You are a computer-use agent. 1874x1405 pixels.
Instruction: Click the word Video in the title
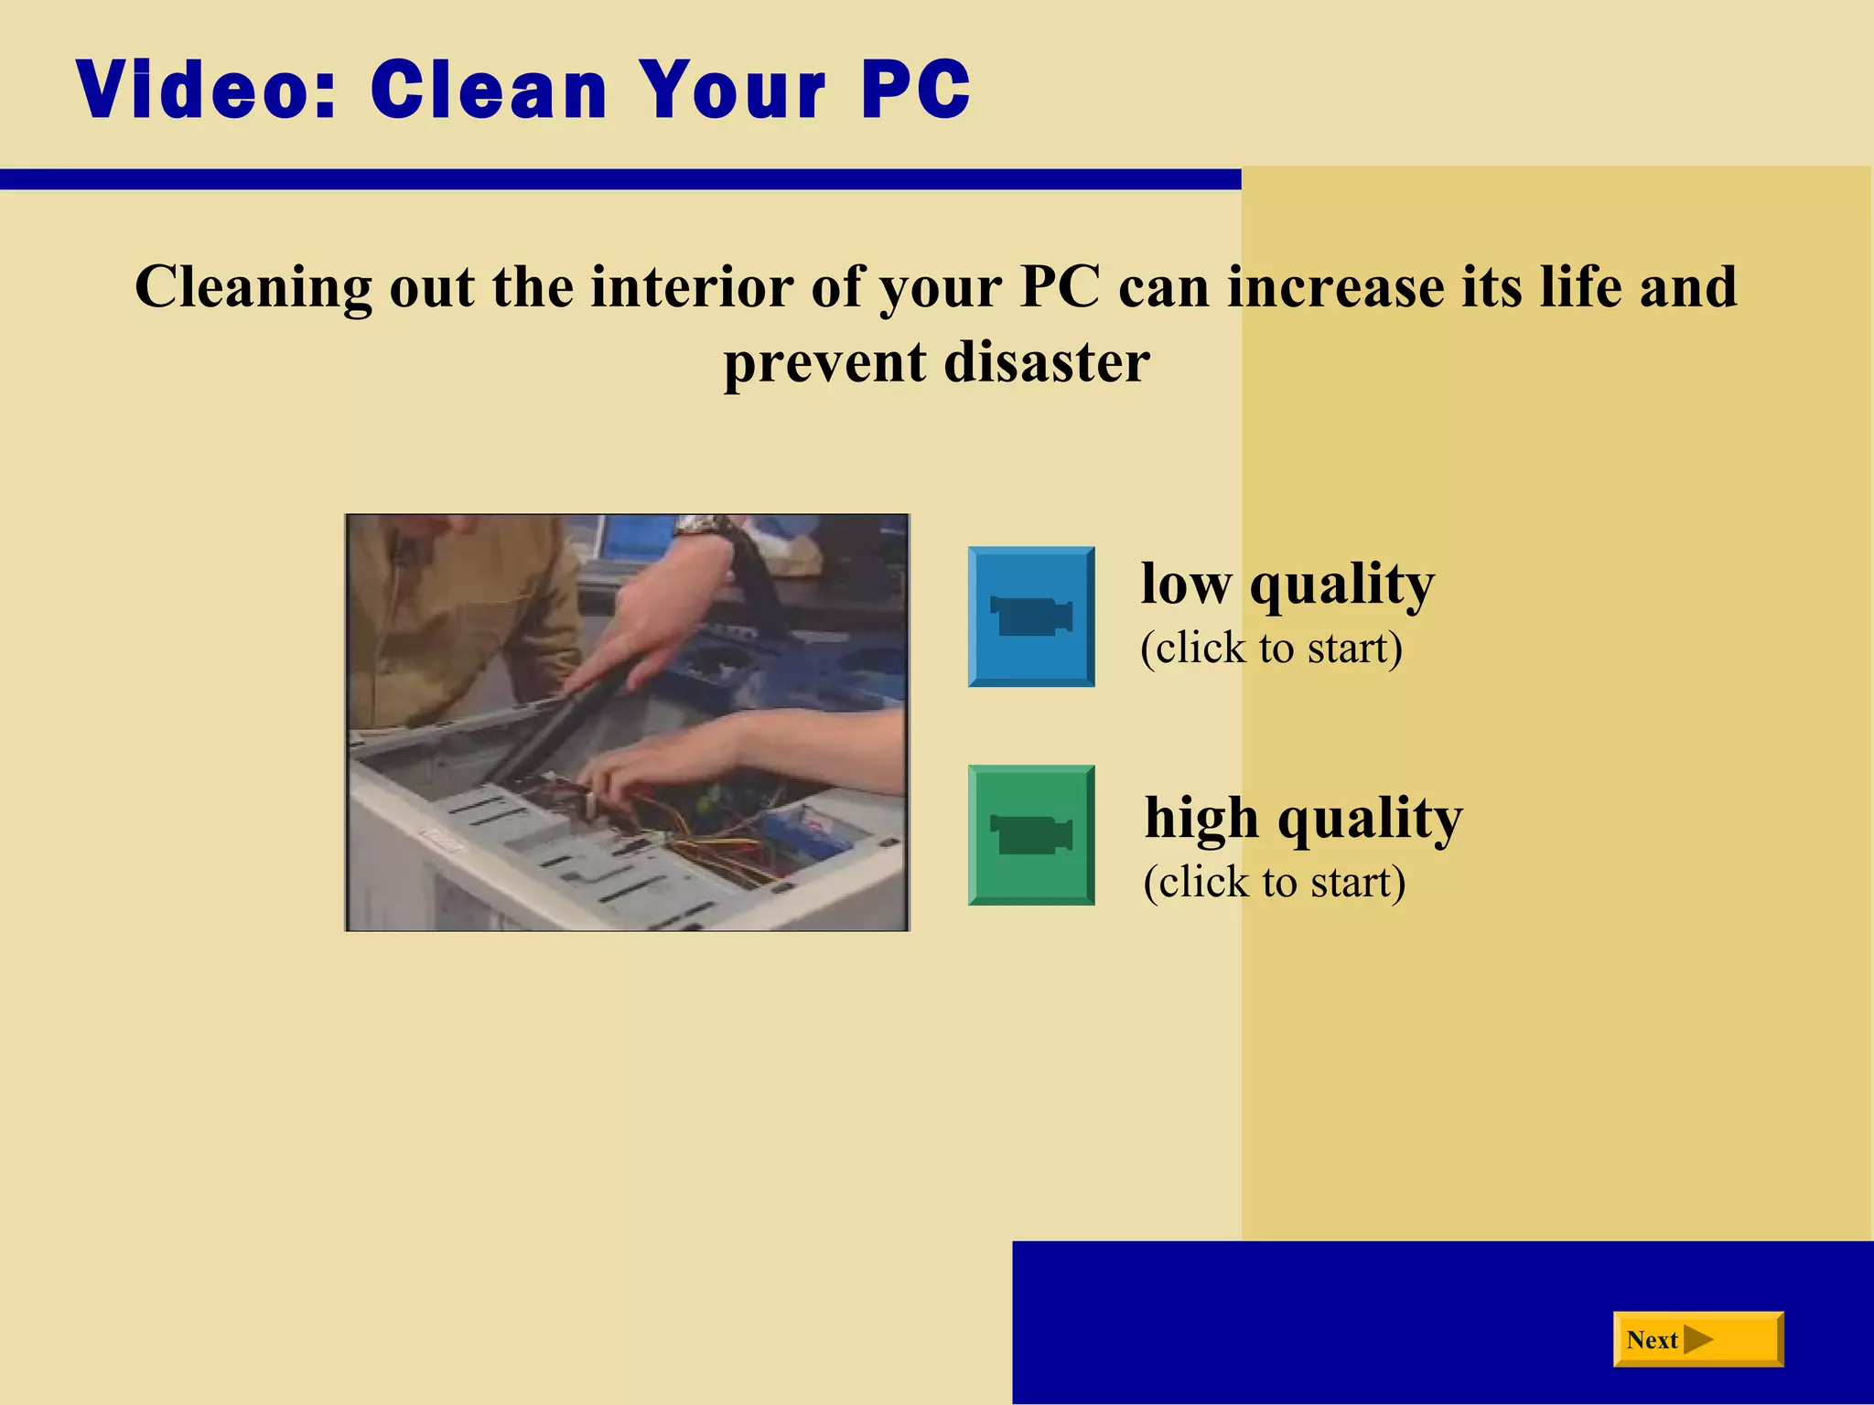point(207,90)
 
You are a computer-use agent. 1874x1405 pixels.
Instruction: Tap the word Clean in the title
point(489,90)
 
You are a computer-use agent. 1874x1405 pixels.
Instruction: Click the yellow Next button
point(1697,1339)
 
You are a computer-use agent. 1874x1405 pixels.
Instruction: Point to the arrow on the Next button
point(1698,1339)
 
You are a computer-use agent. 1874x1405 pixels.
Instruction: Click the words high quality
point(1303,817)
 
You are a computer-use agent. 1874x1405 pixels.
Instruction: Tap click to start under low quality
point(1271,648)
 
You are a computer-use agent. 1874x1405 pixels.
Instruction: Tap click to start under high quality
point(1274,882)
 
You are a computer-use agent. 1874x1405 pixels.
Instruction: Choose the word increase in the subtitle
point(1335,287)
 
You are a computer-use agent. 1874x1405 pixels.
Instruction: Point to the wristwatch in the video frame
point(699,526)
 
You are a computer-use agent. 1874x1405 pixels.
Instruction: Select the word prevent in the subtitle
point(824,363)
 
